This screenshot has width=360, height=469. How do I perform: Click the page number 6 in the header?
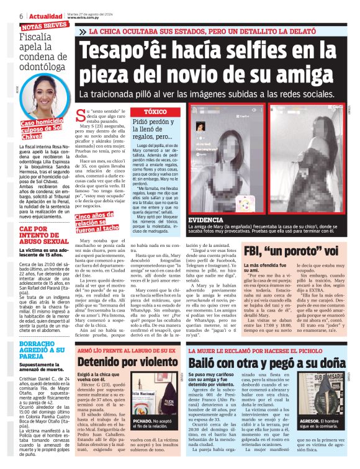pyautogui.click(x=22, y=16)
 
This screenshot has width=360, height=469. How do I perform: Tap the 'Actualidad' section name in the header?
pyautogui.click(x=45, y=16)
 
